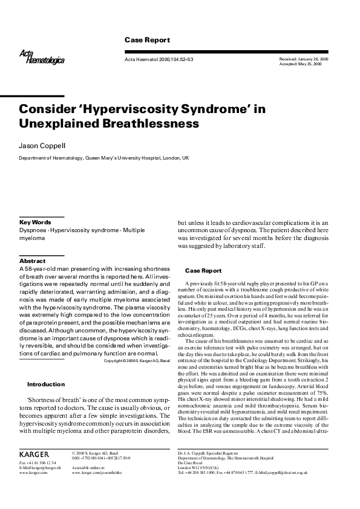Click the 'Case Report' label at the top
pyautogui.click(x=147, y=40)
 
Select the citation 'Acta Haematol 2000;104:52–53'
pyautogui.click(x=159, y=59)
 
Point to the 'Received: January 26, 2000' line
pyautogui.click(x=304, y=59)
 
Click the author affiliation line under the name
pyautogui.click(x=104, y=157)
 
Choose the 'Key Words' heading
pyautogui.click(x=35, y=222)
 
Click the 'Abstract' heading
pyautogui.click(x=33, y=261)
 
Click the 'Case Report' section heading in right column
pyautogui.click(x=203, y=271)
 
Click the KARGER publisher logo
pyautogui.click(x=34, y=453)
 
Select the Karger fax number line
pyautogui.click(x=38, y=462)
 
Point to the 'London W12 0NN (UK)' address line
pyautogui.click(x=200, y=467)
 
